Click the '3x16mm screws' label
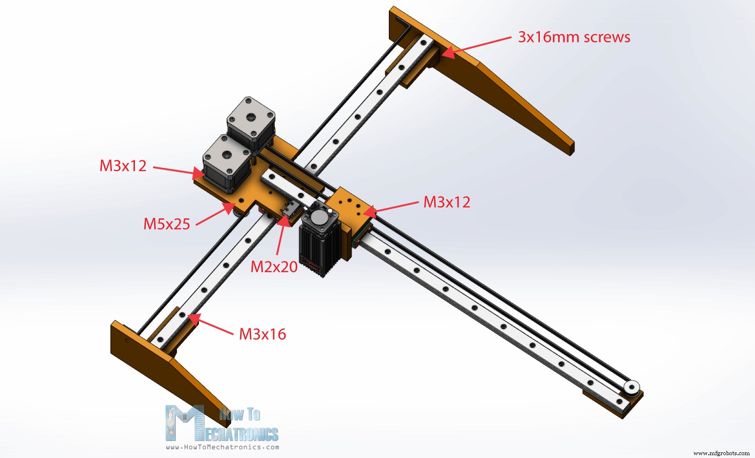tap(574, 37)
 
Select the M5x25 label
tap(167, 224)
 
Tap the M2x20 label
tap(274, 266)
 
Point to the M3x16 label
tap(262, 334)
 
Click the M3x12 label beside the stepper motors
tap(123, 166)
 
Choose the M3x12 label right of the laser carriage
tap(447, 202)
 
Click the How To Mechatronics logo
tap(222, 423)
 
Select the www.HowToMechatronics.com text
tap(222, 447)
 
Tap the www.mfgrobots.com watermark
tap(721, 453)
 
